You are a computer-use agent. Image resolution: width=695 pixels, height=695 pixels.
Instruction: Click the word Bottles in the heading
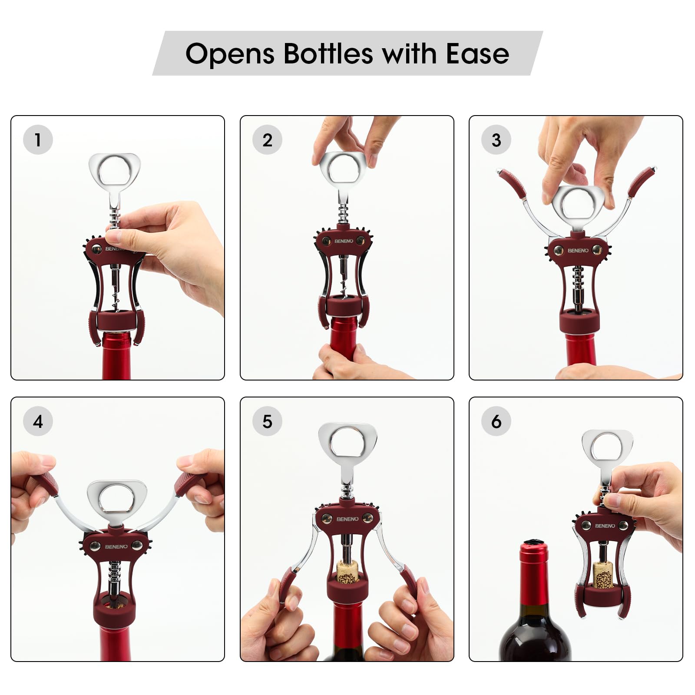pos(328,53)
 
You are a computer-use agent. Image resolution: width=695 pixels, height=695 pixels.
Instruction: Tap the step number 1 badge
pos(38,140)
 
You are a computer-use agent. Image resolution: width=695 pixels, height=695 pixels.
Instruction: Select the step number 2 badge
pos(267,140)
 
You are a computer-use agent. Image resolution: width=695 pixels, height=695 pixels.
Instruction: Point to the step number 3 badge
pos(496,140)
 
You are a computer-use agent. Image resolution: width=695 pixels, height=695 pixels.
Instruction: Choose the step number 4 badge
pos(38,421)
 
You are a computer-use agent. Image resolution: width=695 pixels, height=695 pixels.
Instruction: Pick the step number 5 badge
pos(267,421)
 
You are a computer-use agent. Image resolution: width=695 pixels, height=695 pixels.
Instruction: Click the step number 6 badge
pos(496,421)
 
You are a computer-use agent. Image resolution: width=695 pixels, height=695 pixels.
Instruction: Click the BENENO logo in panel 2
pos(344,241)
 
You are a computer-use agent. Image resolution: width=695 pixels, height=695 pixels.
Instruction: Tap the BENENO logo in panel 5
pos(347,519)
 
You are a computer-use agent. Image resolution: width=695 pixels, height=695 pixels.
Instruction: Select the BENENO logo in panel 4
pos(116,547)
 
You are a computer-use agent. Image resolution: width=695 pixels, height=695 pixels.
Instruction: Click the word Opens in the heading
pos(230,54)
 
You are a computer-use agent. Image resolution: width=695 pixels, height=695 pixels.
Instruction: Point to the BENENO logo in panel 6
pos(605,526)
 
